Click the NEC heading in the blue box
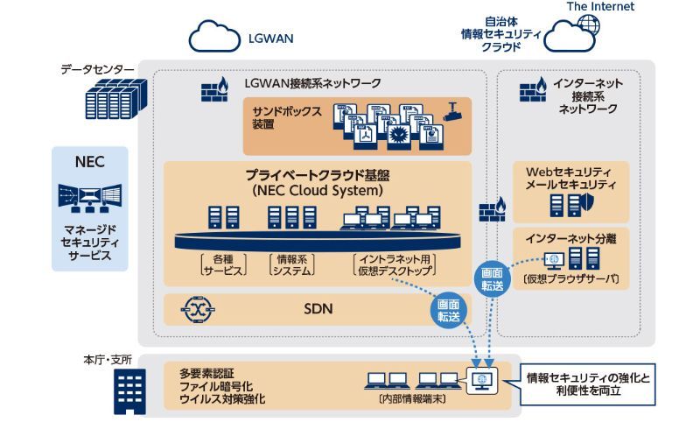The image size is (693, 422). point(90,162)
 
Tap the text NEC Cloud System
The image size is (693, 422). point(316,189)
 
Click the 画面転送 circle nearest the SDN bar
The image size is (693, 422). point(448,311)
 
